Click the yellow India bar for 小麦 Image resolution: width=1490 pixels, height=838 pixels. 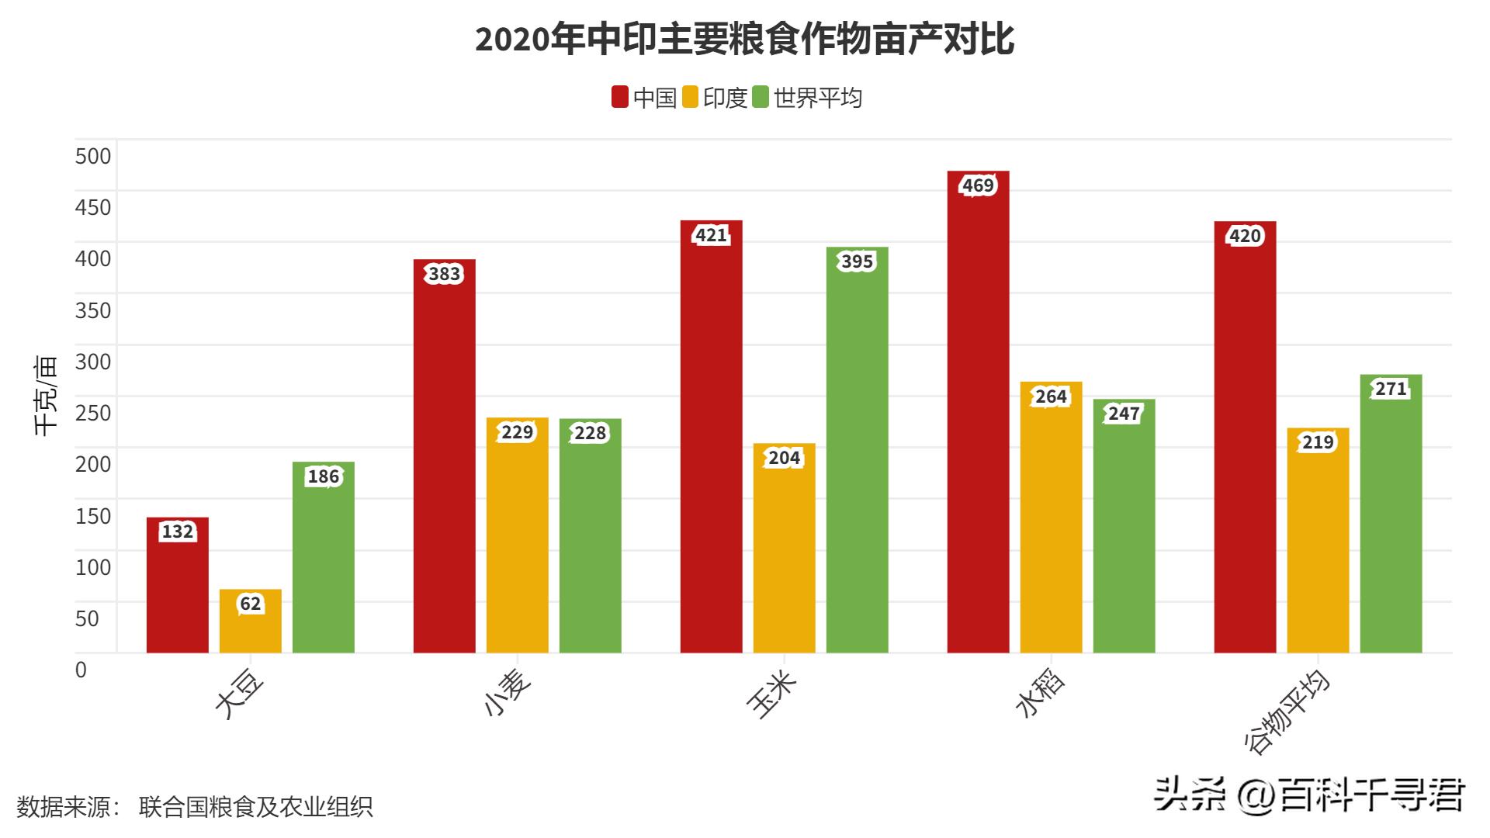click(517, 543)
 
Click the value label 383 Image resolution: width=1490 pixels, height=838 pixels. click(445, 274)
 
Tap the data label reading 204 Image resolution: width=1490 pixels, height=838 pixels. click(784, 458)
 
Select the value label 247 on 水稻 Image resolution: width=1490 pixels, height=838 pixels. click(1124, 414)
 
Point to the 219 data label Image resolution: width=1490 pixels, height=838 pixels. click(1318, 442)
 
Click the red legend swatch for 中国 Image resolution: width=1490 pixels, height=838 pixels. click(619, 98)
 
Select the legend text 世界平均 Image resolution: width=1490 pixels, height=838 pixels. click(818, 98)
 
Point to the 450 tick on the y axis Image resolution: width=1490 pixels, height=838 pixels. click(93, 207)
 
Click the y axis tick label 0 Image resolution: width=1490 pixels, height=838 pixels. click(81, 669)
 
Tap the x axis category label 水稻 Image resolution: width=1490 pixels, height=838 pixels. click(1040, 694)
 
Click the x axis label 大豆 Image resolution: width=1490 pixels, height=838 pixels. click(240, 697)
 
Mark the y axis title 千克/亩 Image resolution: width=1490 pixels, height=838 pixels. click(47, 396)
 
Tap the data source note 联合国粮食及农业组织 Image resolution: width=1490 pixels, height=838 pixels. click(256, 807)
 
